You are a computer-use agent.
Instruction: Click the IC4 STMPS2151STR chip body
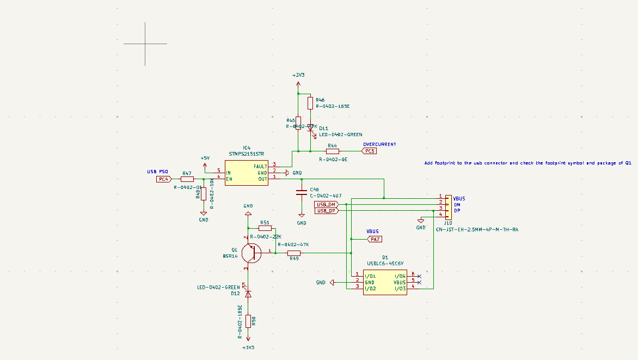[x=247, y=172]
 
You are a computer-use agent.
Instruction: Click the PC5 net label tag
[x=370, y=151]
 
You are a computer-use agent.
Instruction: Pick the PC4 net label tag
[x=163, y=179]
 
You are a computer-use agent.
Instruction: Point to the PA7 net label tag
[x=375, y=239]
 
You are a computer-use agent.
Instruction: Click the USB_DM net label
[x=326, y=204]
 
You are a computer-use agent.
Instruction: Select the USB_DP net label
[x=326, y=211]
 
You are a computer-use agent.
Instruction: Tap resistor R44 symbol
[x=332, y=151]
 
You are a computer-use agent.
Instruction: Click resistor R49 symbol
[x=294, y=253]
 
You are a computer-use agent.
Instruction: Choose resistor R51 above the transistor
[x=265, y=228]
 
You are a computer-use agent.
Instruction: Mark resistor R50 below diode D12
[x=248, y=321]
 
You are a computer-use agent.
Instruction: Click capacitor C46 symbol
[x=301, y=192]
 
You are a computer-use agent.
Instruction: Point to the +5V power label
[x=205, y=158]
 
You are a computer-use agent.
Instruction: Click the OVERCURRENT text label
[x=379, y=144]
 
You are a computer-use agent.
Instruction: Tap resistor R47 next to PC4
[x=187, y=179]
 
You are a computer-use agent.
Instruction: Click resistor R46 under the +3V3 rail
[x=310, y=103]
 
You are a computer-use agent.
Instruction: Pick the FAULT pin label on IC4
[x=260, y=166]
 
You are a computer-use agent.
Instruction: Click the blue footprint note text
[x=527, y=163]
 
